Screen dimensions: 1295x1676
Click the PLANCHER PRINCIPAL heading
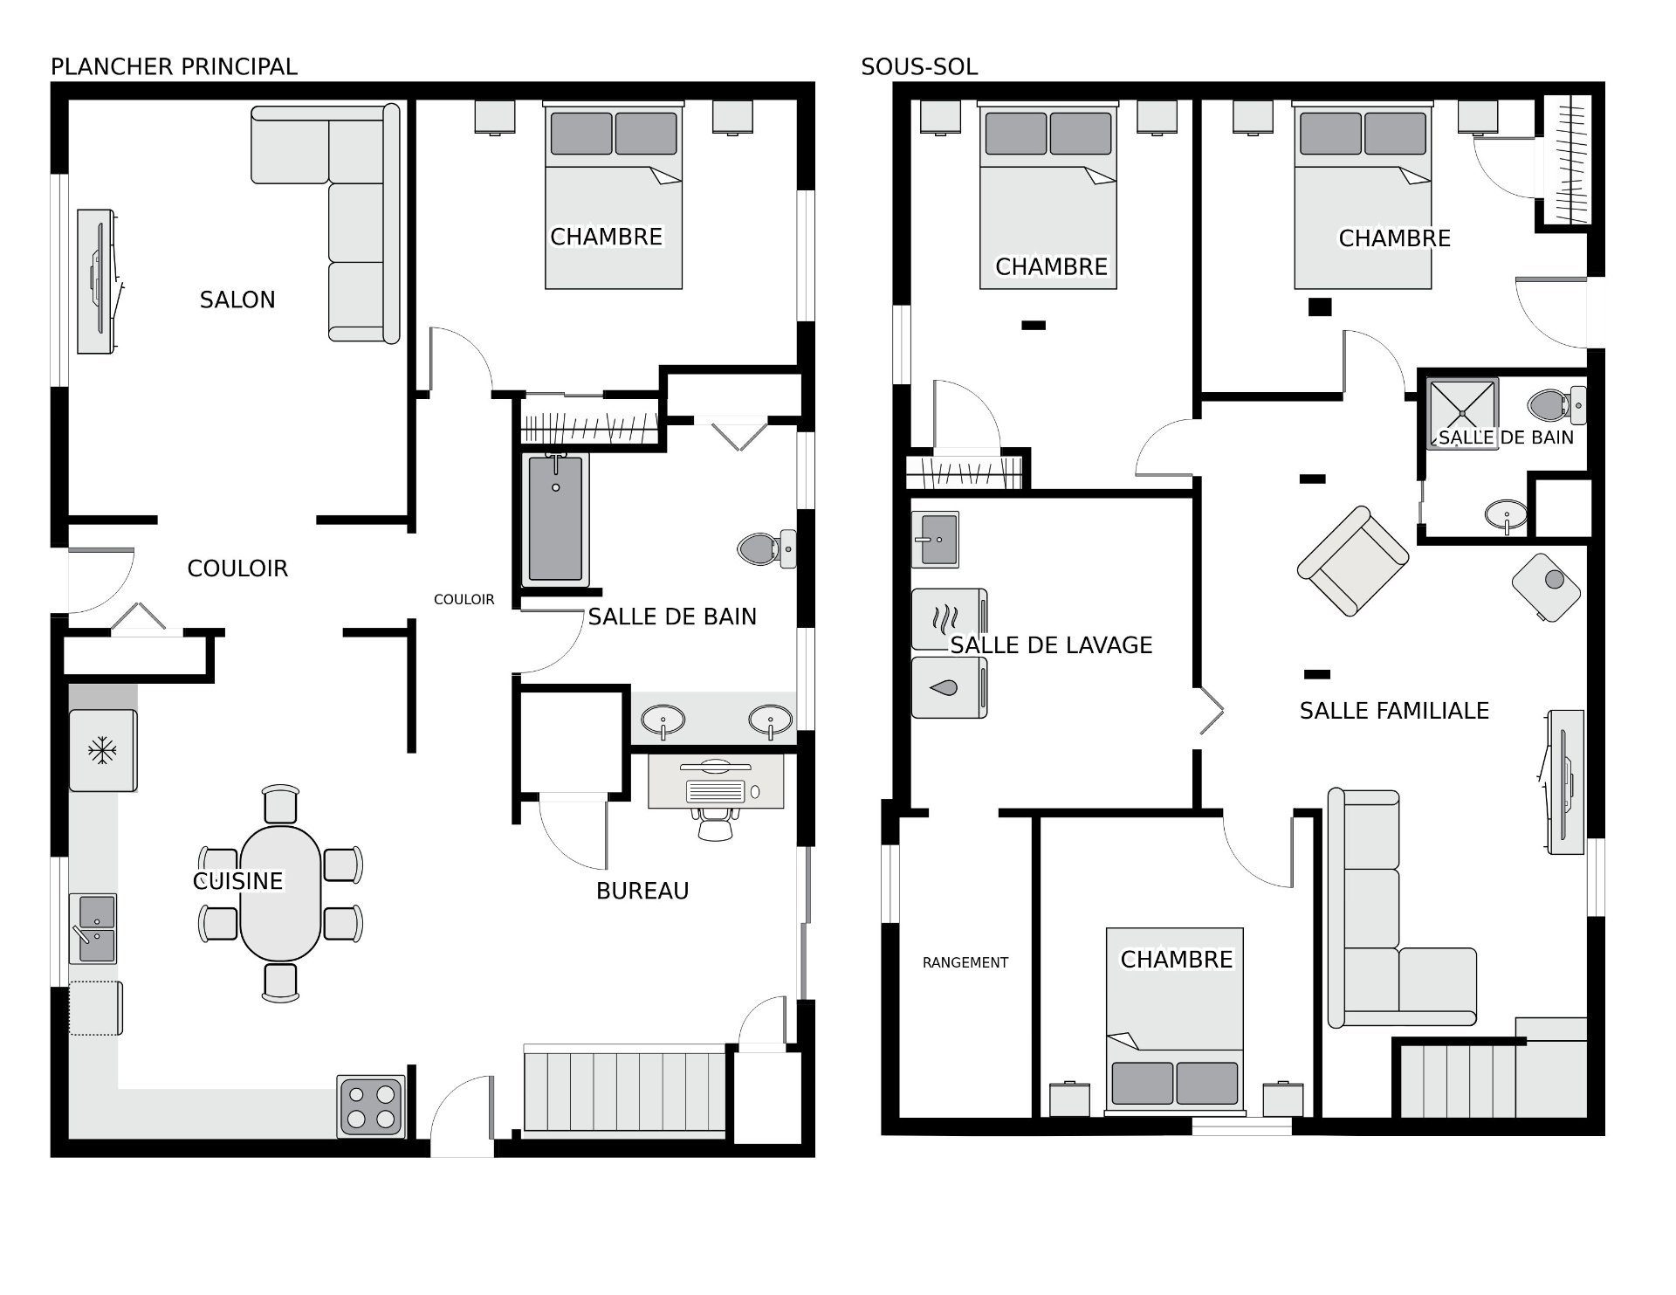[x=174, y=66]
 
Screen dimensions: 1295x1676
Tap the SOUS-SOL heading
[x=918, y=66]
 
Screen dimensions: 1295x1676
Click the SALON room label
[x=237, y=300]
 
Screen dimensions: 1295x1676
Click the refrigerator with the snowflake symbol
[x=103, y=750]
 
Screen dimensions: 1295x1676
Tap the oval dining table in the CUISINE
[x=280, y=892]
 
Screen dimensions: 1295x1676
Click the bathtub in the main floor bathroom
[x=555, y=519]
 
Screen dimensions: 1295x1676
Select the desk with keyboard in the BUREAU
[x=716, y=782]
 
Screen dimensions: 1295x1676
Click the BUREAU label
[x=642, y=891]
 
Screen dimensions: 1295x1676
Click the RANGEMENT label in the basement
[x=965, y=962]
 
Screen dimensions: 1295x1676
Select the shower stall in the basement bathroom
[x=1462, y=412]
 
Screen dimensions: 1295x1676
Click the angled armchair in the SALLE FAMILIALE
[x=1352, y=561]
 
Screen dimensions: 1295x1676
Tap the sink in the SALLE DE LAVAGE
[x=935, y=539]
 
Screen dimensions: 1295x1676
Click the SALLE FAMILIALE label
[x=1394, y=711]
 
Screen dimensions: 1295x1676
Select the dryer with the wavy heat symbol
[x=949, y=619]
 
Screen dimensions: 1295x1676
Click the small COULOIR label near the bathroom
[x=464, y=599]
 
